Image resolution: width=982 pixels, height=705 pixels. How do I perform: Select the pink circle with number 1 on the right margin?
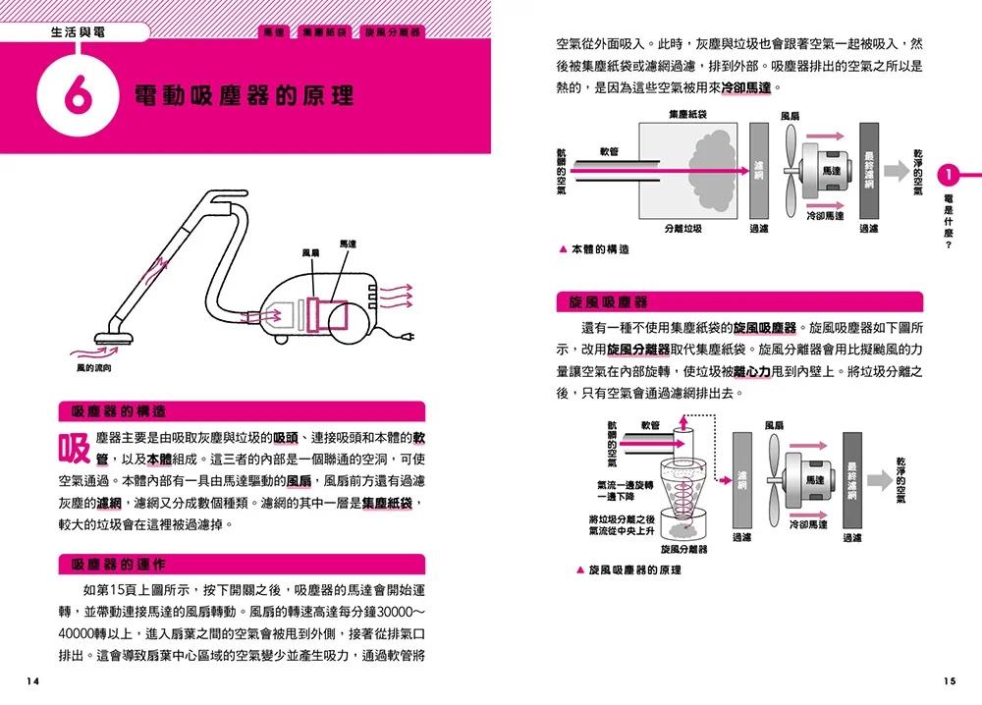949,175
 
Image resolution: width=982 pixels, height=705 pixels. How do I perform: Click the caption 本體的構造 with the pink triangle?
592,249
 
